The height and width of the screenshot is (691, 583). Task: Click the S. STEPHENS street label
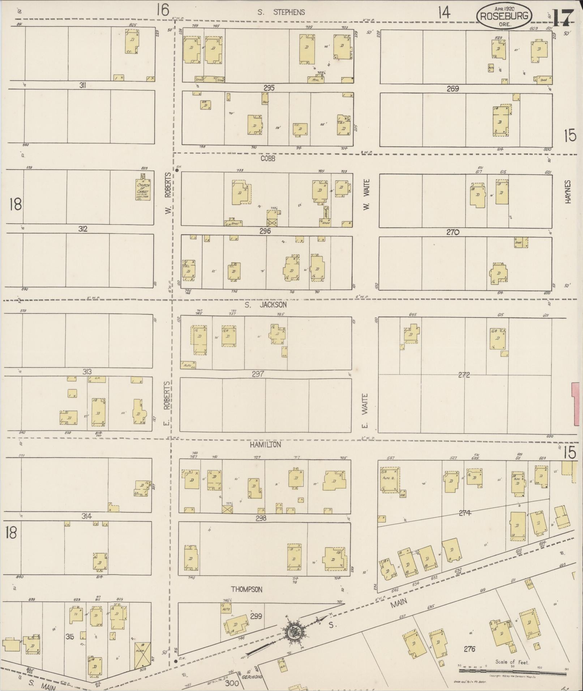(x=281, y=12)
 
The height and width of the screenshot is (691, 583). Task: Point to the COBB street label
(x=268, y=158)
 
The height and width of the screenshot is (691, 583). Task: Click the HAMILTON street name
(x=265, y=445)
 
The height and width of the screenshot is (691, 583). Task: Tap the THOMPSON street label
(x=247, y=589)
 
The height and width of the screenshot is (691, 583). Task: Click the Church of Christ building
(x=143, y=188)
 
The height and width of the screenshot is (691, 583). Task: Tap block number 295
(x=269, y=87)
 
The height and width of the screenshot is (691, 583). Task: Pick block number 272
(x=463, y=375)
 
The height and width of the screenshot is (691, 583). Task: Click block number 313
(x=87, y=372)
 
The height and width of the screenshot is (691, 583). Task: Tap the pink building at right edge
(x=577, y=404)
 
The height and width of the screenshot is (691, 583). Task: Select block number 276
(x=470, y=649)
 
